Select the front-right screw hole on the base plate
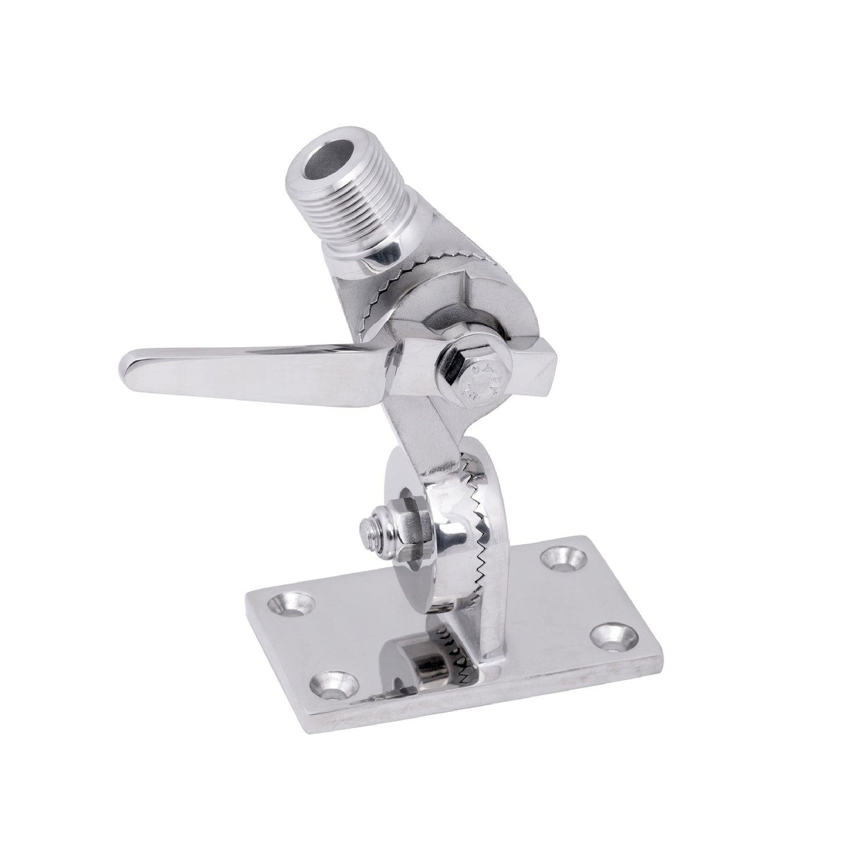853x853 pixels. pos(610,636)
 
